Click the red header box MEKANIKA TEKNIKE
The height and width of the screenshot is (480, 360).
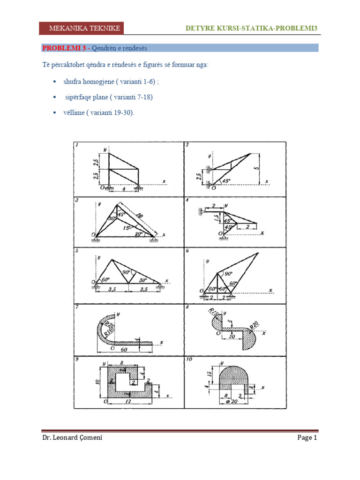coord(85,29)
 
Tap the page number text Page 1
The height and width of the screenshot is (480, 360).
coord(307,438)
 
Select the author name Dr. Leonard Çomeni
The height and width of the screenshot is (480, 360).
coord(72,438)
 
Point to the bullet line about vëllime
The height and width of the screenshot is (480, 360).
coord(98,113)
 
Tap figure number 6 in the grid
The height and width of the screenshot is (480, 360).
coord(187,251)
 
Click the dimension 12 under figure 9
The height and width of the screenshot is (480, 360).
coord(128,402)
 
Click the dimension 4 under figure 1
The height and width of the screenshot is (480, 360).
coord(124,189)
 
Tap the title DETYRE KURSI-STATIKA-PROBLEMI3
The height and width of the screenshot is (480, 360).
coord(251,29)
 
